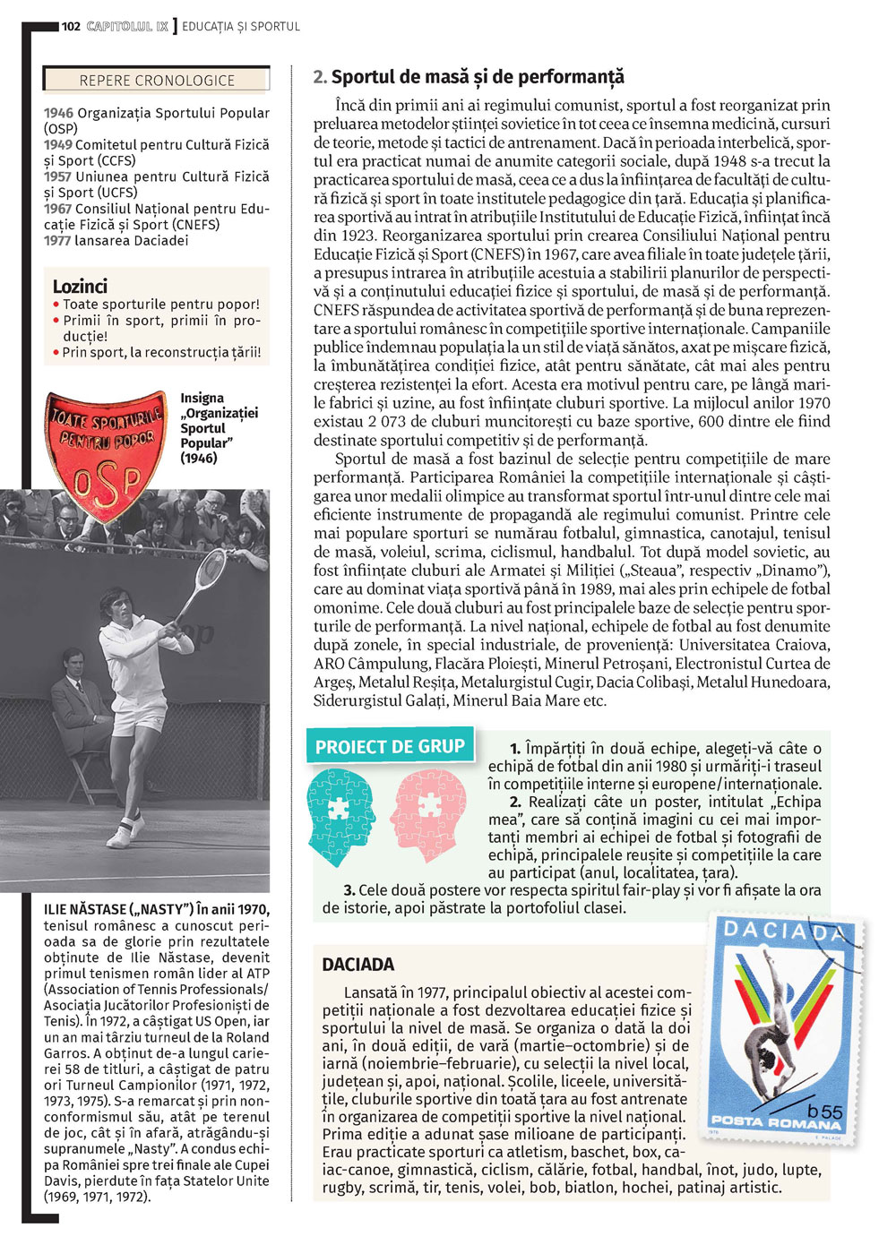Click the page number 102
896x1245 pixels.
point(71,26)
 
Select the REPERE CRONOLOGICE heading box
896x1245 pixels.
point(157,80)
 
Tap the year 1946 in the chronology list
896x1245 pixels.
point(58,113)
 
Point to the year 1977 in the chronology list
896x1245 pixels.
point(58,240)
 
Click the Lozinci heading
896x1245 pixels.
point(80,287)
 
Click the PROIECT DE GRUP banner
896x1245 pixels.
point(390,746)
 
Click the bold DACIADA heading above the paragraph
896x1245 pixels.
point(358,965)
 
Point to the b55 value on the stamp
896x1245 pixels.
point(824,1111)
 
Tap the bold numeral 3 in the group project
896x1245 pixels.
point(349,890)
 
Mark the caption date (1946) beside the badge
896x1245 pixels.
point(198,458)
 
